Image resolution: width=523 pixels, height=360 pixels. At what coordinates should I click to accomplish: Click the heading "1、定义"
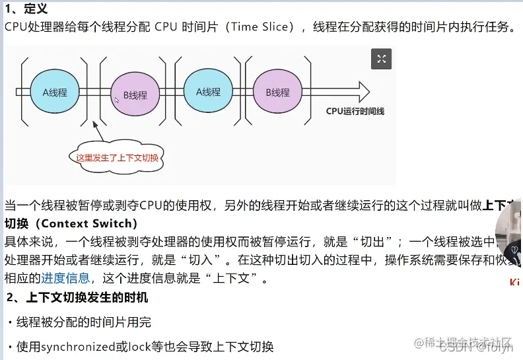[26, 9]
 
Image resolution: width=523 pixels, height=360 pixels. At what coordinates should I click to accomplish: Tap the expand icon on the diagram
[381, 59]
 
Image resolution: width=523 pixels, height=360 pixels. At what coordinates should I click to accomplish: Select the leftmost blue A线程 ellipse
[55, 92]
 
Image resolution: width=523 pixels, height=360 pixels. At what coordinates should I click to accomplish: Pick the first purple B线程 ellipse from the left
[135, 94]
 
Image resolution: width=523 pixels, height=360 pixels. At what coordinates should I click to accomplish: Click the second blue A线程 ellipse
[208, 92]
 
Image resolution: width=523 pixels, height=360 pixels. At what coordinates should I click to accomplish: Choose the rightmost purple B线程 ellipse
[278, 92]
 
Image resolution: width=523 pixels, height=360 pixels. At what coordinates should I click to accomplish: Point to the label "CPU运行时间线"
[355, 112]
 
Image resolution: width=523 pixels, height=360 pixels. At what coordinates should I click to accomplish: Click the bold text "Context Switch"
[89, 223]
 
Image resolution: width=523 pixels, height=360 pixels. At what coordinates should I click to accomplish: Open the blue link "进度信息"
[65, 278]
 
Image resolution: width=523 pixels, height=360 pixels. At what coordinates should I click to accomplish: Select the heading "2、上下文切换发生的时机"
[77, 298]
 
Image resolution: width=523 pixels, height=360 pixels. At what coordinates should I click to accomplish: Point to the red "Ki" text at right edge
[514, 283]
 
